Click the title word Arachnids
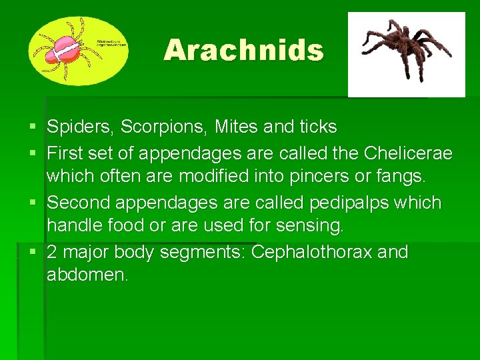click(243, 50)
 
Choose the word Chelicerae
click(408, 154)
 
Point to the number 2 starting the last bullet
click(53, 253)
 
